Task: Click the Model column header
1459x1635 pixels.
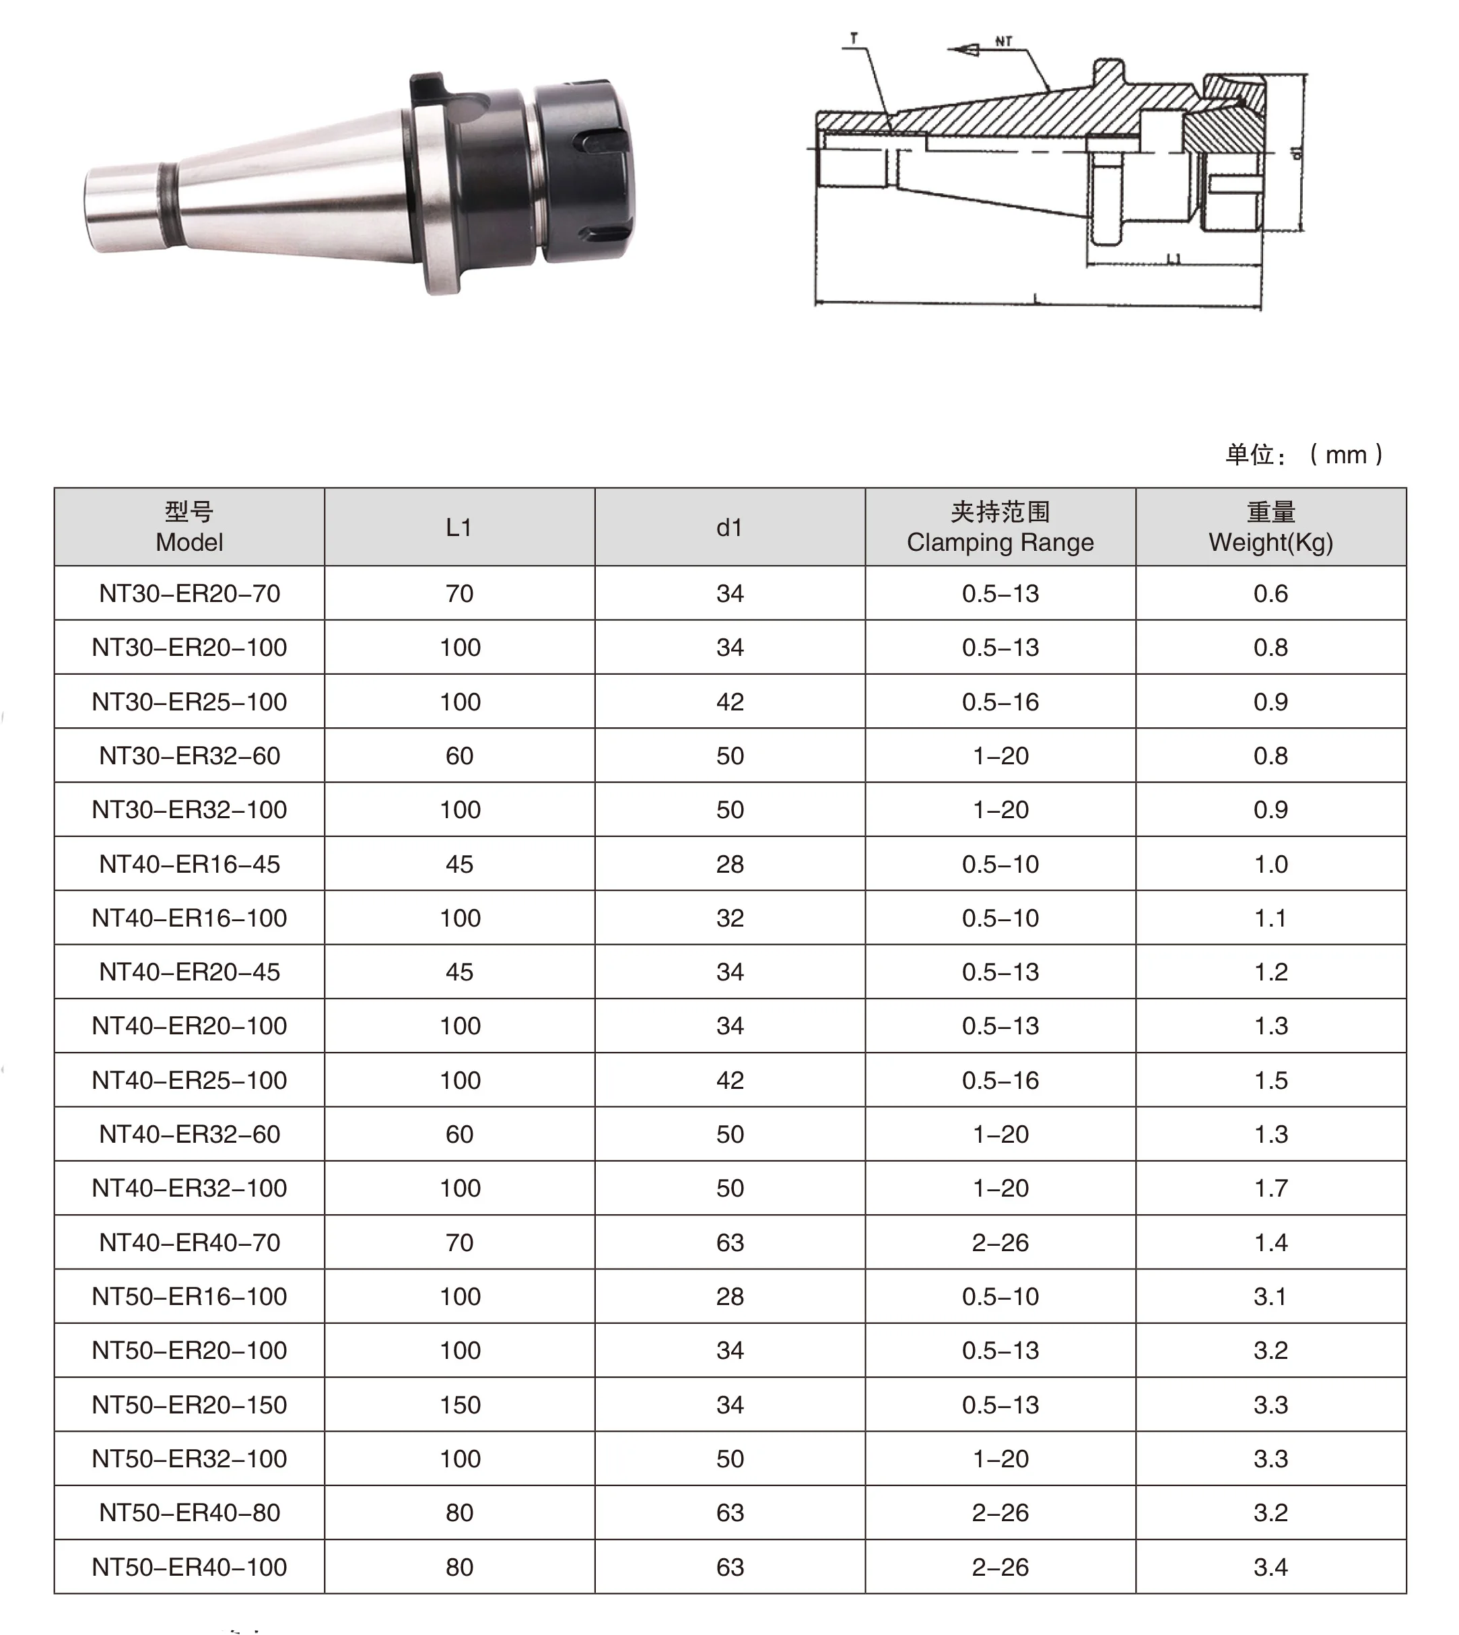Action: (x=189, y=527)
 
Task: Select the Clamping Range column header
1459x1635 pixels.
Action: (x=1000, y=527)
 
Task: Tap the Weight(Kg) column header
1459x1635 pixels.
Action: (x=1270, y=527)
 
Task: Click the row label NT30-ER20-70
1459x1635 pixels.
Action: (x=189, y=593)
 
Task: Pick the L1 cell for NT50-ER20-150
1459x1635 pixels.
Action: (x=459, y=1404)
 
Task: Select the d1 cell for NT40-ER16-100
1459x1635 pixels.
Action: (x=730, y=917)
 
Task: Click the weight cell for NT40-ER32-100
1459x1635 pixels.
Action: (x=1270, y=1188)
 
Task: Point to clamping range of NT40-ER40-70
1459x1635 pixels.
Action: (x=1000, y=1242)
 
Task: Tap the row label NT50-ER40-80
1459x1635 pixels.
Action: (x=189, y=1512)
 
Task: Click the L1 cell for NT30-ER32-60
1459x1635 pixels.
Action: (x=459, y=756)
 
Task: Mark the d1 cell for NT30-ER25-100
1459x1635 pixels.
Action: (x=730, y=702)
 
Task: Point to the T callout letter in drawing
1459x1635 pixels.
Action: (x=854, y=38)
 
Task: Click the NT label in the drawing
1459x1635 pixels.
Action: (x=1004, y=41)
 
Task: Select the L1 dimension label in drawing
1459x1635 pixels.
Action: (x=1174, y=258)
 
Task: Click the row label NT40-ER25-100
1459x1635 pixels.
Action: (x=189, y=1080)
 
